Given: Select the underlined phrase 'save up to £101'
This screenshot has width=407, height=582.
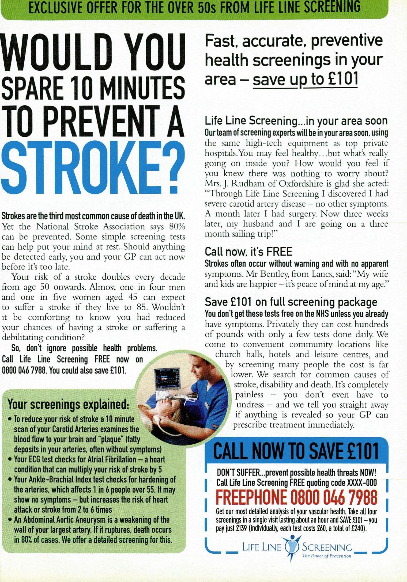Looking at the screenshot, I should [305, 79].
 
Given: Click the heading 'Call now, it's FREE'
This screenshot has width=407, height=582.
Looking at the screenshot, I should [248, 252].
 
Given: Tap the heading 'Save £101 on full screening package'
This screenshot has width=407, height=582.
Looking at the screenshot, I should [291, 302].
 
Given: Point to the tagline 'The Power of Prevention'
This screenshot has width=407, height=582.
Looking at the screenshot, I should [326, 556].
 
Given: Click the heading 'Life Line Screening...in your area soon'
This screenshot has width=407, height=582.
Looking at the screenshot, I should [296, 121].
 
